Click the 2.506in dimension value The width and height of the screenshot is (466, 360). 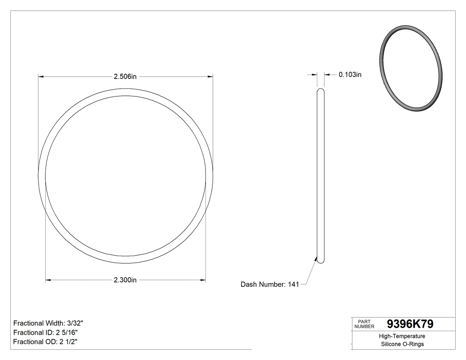(x=125, y=76)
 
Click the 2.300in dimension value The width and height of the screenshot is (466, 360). (x=125, y=280)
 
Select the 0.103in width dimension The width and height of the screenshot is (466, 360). (x=350, y=75)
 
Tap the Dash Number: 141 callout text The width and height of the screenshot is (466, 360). (x=269, y=285)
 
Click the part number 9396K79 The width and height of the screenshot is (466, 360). (x=410, y=324)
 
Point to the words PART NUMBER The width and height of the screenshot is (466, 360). (x=364, y=324)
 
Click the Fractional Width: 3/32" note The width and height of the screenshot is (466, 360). (x=48, y=323)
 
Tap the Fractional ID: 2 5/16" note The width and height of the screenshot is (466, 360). (x=46, y=332)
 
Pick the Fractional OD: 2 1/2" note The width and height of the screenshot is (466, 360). (x=46, y=341)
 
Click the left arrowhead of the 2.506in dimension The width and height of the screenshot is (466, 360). (x=41, y=77)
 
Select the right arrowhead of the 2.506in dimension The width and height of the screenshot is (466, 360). (x=210, y=77)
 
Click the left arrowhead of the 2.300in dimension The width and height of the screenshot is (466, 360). (x=48, y=280)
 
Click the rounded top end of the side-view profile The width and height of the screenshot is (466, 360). (x=320, y=91)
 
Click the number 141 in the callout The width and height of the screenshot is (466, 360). (x=293, y=285)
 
